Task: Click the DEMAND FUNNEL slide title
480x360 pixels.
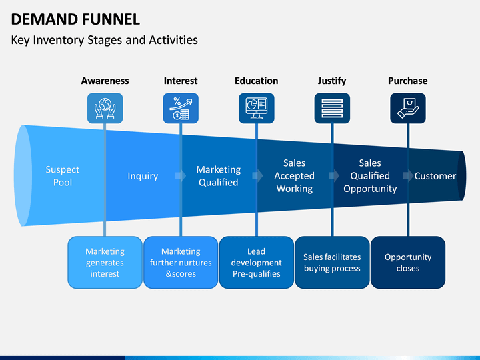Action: pos(75,19)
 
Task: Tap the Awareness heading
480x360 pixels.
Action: pos(105,81)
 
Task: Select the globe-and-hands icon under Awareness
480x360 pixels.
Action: pos(105,109)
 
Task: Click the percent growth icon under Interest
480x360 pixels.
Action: pos(181,109)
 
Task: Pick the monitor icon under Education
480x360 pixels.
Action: pos(257,109)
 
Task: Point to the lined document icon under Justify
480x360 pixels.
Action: pos(332,109)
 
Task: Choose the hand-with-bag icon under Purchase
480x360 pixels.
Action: pos(408,109)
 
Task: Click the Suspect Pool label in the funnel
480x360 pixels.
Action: pos(63,176)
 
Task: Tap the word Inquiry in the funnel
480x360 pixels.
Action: pos(143,176)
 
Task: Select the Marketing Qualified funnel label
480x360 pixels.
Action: pos(219,176)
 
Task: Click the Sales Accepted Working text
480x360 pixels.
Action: pos(294,176)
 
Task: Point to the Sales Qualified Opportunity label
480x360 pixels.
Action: pos(370,176)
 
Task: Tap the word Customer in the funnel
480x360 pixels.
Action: pos(435,176)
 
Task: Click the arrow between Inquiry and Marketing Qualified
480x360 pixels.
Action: pos(181,176)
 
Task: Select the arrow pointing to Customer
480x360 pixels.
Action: pos(408,176)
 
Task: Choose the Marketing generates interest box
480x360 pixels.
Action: pos(105,263)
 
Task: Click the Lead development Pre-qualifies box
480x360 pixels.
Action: pos(257,263)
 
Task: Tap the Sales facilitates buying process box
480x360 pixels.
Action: pos(332,263)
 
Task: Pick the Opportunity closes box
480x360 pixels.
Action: pos(408,263)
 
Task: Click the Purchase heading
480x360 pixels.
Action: pos(408,81)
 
